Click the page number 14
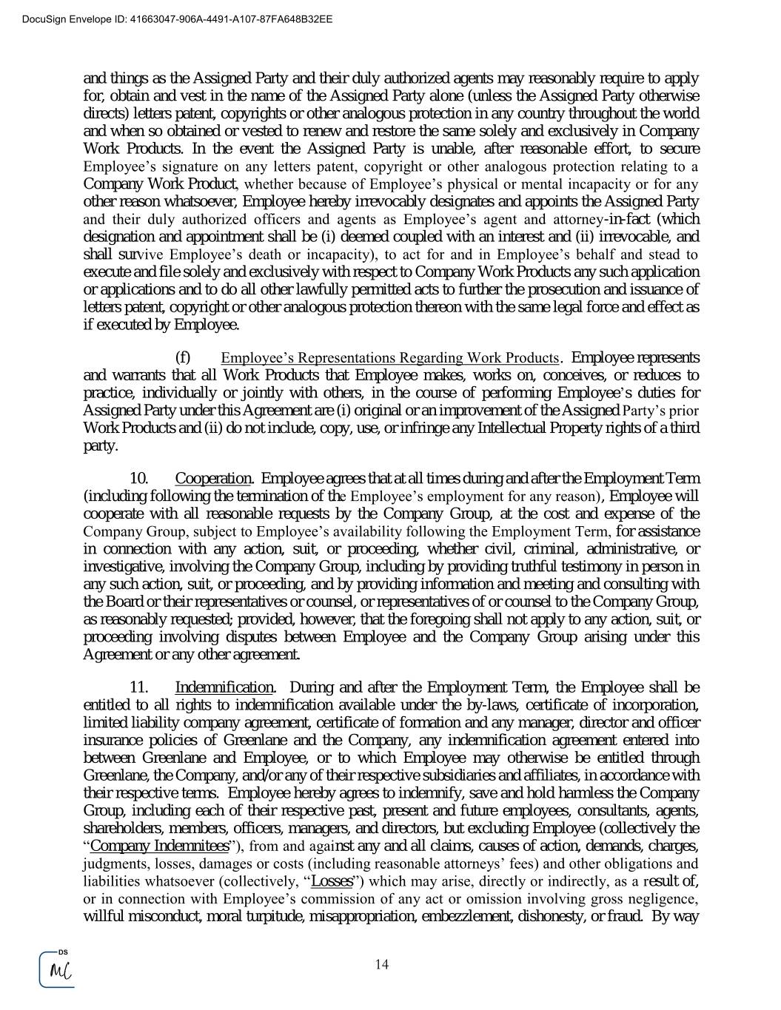382,964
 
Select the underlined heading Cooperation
213,478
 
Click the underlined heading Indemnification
224,687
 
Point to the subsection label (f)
183,357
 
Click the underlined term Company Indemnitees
159,846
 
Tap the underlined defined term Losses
332,881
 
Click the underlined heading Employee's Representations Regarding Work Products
389,358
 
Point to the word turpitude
270,916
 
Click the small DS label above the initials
63,952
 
